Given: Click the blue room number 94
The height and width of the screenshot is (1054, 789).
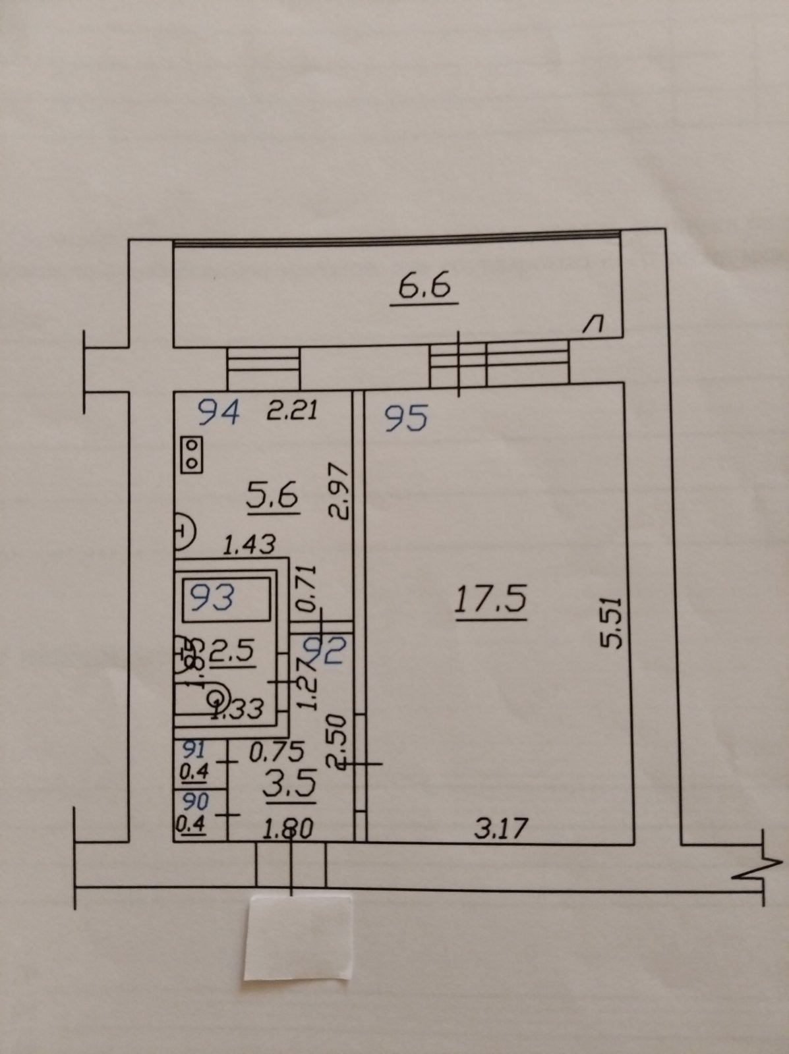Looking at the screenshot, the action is pos(219,414).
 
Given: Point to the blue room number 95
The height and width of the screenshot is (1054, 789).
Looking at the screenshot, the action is pos(406,418).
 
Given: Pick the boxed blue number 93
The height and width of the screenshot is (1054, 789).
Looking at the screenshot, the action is pos(212,598).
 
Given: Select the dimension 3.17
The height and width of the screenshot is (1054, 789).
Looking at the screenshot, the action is pos(502,828).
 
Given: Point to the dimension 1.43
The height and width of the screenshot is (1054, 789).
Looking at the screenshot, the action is pos(248,545).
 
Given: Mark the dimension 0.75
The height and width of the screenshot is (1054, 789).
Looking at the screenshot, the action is pos(276,751).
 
